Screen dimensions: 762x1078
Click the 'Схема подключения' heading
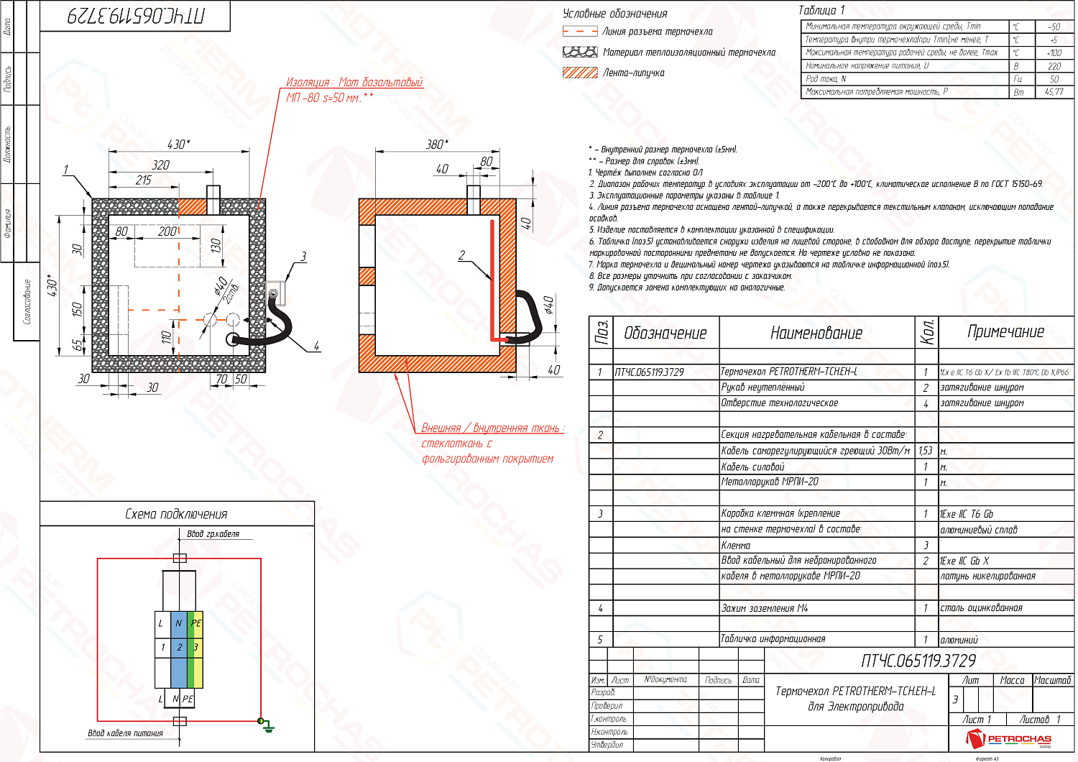click(176, 514)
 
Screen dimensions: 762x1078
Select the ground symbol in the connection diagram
click(267, 726)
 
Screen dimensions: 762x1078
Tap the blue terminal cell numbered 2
click(179, 647)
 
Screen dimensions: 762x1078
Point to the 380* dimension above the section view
click(436, 144)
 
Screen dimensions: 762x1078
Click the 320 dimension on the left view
click(160, 165)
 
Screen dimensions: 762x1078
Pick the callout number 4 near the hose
click(316, 346)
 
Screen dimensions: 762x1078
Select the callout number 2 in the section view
click(461, 255)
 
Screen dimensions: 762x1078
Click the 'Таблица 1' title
click(821, 10)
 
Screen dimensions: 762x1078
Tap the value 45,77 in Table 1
click(1054, 92)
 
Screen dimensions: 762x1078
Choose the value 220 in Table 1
click(1054, 66)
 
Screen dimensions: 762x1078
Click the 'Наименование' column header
click(816, 333)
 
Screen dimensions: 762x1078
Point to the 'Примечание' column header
click(1005, 331)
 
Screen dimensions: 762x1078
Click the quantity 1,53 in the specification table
click(925, 451)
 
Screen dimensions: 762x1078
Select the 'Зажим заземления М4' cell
click(765, 608)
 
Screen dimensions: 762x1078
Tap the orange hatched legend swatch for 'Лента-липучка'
click(580, 73)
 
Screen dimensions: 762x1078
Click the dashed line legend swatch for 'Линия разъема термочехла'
click(580, 32)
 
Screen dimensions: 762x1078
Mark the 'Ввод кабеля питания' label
click(125, 733)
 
